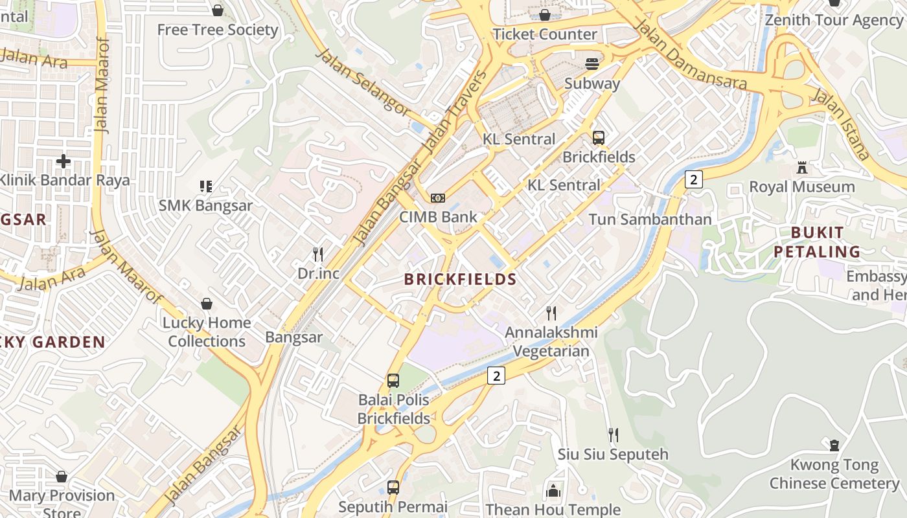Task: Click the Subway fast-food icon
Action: coord(592,63)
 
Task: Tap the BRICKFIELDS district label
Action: coord(460,280)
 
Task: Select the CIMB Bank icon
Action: coord(438,197)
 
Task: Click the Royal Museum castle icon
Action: coord(802,168)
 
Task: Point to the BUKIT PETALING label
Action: coord(817,242)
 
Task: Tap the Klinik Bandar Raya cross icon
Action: coord(63,161)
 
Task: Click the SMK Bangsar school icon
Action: coord(206,186)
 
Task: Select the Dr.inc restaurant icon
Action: coord(318,254)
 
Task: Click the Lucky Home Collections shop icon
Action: coord(207,304)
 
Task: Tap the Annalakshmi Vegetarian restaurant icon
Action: coord(551,313)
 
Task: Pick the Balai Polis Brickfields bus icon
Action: coord(393,381)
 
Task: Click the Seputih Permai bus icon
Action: coord(393,487)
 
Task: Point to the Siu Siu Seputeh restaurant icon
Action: coord(613,434)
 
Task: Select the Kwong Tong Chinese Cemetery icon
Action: coord(834,445)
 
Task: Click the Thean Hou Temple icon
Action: coord(553,491)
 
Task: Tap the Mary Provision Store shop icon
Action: coord(62,477)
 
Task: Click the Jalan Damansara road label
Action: coord(690,55)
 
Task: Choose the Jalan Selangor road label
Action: coord(363,82)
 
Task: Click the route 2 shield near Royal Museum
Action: coord(693,179)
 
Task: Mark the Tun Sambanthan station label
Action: coord(650,220)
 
